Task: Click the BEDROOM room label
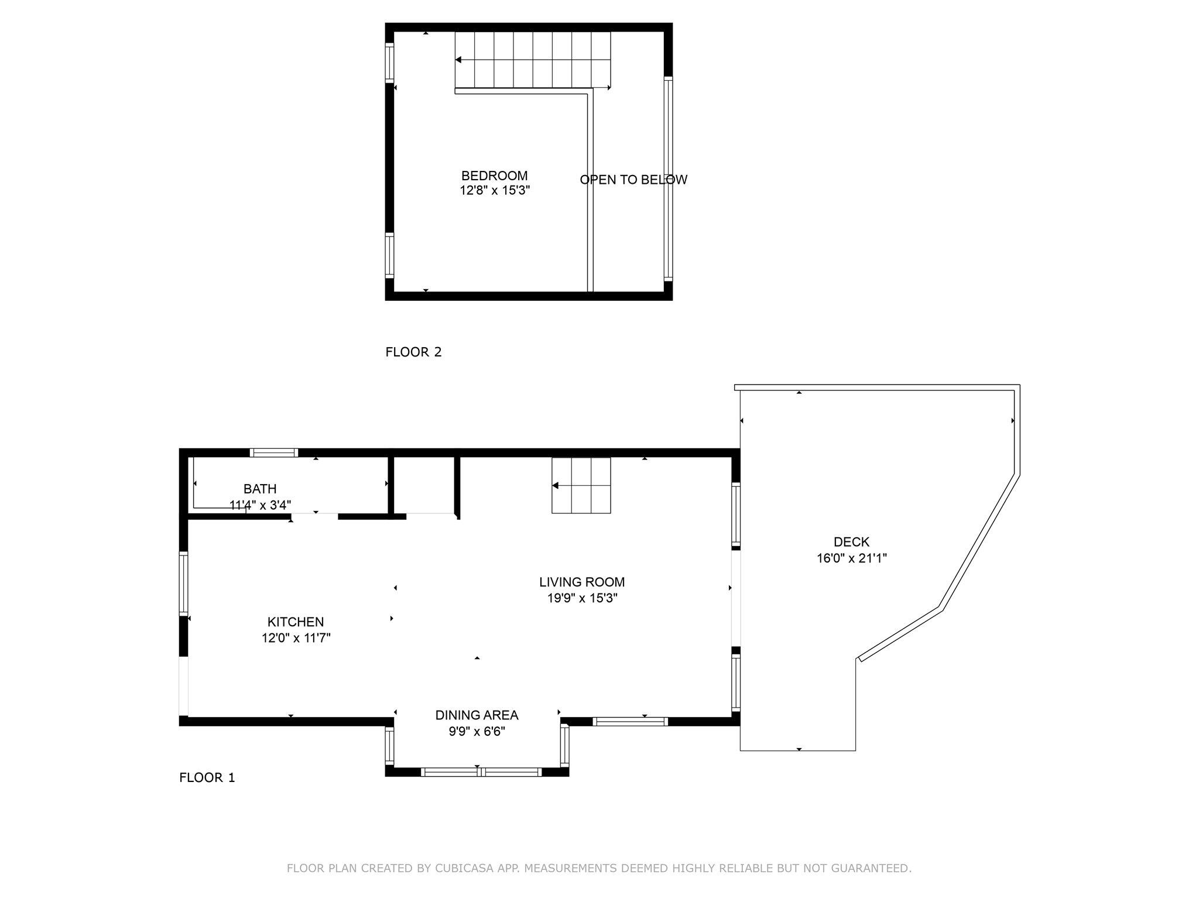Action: [x=494, y=176]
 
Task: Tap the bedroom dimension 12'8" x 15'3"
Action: [x=494, y=190]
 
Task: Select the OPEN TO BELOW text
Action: [x=633, y=180]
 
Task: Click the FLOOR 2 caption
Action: [x=413, y=352]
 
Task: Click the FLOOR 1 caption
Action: [x=207, y=777]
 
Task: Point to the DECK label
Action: [x=851, y=542]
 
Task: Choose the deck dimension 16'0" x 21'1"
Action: [x=851, y=558]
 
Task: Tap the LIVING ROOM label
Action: [x=581, y=582]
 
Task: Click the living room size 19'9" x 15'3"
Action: [x=581, y=598]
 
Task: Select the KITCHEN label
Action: [x=295, y=622]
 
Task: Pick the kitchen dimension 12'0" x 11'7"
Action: [x=296, y=638]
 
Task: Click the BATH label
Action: [x=260, y=489]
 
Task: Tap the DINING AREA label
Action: [x=477, y=715]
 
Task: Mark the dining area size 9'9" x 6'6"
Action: [x=477, y=732]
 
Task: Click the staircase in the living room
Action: [x=581, y=485]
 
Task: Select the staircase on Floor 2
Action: [x=532, y=60]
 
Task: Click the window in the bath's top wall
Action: [x=274, y=452]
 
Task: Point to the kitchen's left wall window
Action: [x=184, y=583]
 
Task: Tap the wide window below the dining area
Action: [x=481, y=772]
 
